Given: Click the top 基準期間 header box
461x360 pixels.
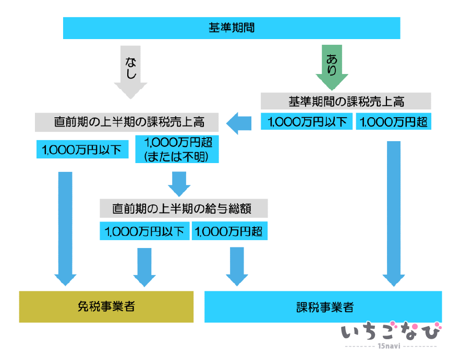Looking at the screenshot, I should coord(231,28).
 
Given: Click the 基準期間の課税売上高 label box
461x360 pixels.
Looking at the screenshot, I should coord(346,101).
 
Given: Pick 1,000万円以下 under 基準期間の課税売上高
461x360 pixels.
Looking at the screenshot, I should coord(307,122).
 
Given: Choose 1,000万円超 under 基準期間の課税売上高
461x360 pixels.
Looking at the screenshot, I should coord(394,122).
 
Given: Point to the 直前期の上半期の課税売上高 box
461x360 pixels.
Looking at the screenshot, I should coord(129,122).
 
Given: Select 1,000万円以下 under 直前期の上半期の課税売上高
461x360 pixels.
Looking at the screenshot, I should coord(82,150).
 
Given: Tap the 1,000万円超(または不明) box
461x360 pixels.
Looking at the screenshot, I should coord(177,149).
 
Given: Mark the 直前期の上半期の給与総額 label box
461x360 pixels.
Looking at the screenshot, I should coord(183,208).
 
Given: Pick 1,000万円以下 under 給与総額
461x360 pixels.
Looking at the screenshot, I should coord(144,231).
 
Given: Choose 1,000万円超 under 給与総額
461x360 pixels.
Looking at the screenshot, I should coord(229,231).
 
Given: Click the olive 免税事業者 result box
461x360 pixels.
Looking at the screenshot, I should coord(106,306).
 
